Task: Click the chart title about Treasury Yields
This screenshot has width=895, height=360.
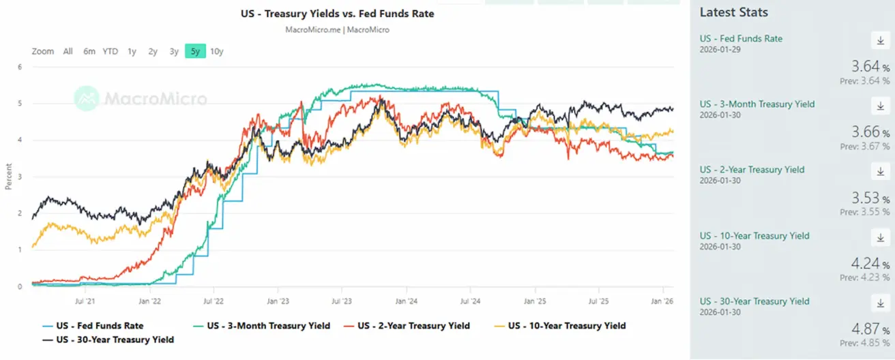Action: tap(337, 14)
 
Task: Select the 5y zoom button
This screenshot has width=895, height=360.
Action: tap(195, 51)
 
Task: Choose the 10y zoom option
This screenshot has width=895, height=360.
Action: tap(217, 51)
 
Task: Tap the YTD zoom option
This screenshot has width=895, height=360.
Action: tap(110, 51)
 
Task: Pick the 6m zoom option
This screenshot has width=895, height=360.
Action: tap(89, 51)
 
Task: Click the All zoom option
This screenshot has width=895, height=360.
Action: tap(68, 51)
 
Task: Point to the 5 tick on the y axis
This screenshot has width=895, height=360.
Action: tap(20, 104)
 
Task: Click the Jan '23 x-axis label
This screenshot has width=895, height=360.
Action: tap(277, 300)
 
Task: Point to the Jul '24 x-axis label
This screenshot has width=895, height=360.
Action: tap(471, 300)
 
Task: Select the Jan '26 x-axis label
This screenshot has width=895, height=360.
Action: tap(663, 300)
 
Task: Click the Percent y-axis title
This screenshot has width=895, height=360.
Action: tap(8, 175)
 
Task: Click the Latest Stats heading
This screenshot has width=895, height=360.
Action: tap(734, 12)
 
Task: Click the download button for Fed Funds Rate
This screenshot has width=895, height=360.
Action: tap(881, 41)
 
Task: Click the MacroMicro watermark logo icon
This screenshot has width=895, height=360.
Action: tap(87, 99)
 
